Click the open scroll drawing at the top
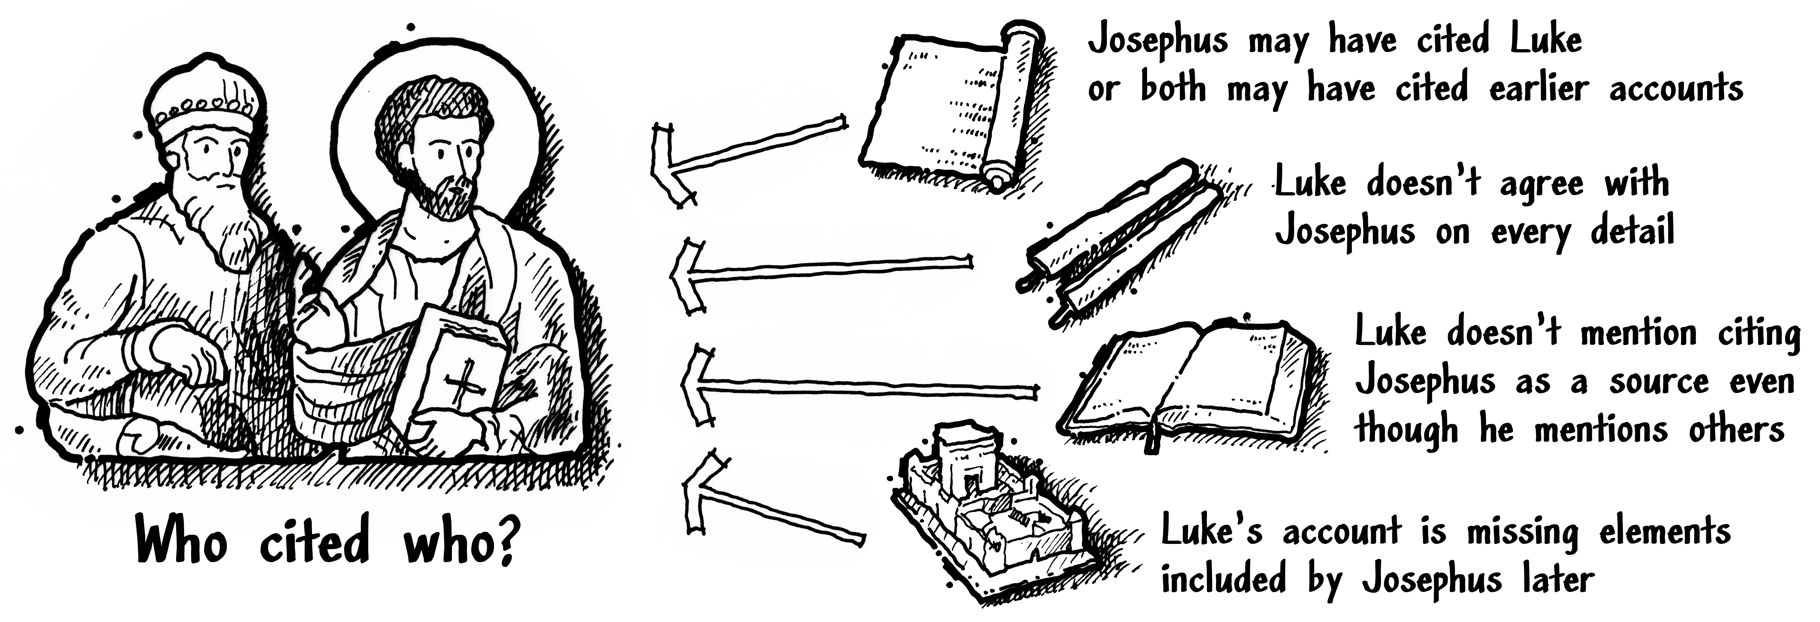click(x=947, y=106)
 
